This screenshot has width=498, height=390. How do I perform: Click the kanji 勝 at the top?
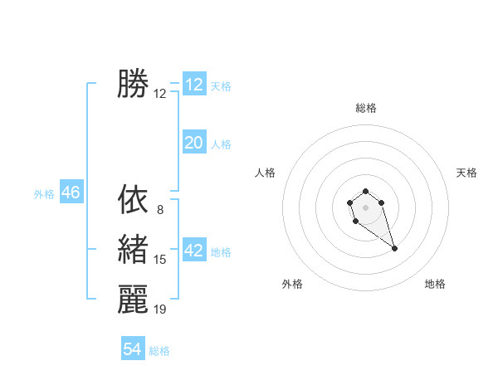click(133, 84)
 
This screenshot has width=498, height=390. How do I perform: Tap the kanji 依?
click(133, 199)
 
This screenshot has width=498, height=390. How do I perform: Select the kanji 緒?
click(133, 249)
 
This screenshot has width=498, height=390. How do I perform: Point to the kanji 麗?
click(133, 299)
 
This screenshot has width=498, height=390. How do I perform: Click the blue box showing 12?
click(194, 85)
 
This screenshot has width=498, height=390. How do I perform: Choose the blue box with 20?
click(194, 143)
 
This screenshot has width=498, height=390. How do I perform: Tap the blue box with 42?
click(194, 251)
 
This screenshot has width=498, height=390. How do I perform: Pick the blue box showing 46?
click(71, 193)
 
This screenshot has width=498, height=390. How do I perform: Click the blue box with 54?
click(133, 349)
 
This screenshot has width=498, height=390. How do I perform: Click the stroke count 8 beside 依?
click(159, 210)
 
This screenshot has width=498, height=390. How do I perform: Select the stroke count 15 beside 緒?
click(159, 260)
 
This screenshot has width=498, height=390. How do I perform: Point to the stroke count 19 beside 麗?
click(159, 310)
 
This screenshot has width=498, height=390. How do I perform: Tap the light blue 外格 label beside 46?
click(44, 194)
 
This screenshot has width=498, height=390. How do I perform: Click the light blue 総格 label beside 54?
click(159, 351)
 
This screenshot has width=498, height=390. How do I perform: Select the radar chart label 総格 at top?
click(366, 109)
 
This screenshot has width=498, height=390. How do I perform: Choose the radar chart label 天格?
click(466, 173)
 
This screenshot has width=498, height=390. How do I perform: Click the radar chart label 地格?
click(435, 284)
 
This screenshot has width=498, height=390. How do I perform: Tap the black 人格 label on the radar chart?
click(265, 173)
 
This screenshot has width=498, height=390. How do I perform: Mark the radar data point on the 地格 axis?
click(394, 248)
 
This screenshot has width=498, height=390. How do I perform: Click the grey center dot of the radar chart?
click(365, 207)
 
